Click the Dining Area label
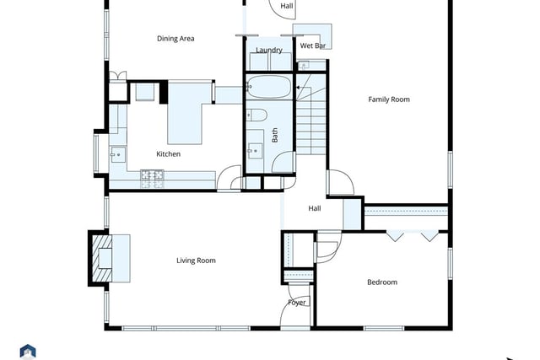[175, 39]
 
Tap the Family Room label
[389, 99]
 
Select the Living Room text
[196, 261]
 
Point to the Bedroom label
[382, 282]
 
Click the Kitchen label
[169, 153]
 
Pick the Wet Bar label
[313, 46]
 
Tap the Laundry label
[269, 51]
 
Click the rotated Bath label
[275, 135]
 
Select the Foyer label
[297, 303]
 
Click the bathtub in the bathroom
[269, 87]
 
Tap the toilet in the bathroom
[256, 115]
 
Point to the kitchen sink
[117, 154]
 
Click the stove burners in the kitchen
[152, 179]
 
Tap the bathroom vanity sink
[255, 151]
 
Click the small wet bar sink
[304, 65]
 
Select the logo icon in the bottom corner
[28, 352]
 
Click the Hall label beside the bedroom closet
[315, 208]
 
